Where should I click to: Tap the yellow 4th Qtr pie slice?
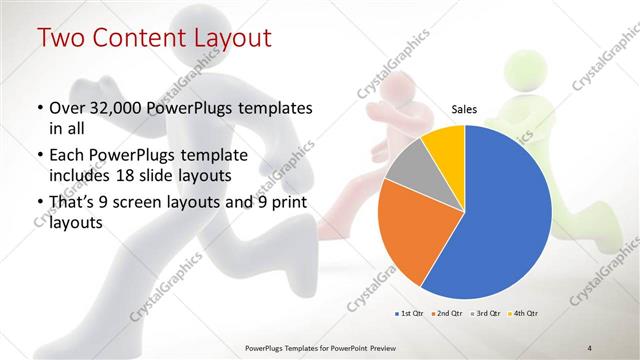(442, 145)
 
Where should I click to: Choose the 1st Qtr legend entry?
(411, 314)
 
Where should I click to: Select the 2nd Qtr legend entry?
(446, 314)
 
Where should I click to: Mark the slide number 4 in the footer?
(589, 347)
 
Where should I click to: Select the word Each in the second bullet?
(67, 155)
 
